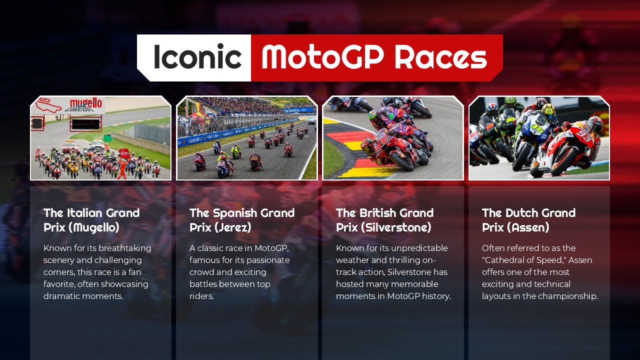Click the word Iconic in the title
pyautogui.click(x=197, y=57)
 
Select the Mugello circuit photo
pyautogui.click(x=100, y=138)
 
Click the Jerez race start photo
pyautogui.click(x=247, y=138)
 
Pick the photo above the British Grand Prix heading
pyautogui.click(x=393, y=138)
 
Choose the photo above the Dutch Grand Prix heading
pyautogui.click(x=539, y=138)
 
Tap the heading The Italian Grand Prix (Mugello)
pyautogui.click(x=91, y=220)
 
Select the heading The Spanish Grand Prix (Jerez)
pyautogui.click(x=241, y=220)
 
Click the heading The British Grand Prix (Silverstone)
pyautogui.click(x=384, y=220)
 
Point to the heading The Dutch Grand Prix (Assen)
pyautogui.click(x=528, y=220)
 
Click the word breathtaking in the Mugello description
pyautogui.click(x=124, y=248)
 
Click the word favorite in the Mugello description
pyautogui.click(x=60, y=284)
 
